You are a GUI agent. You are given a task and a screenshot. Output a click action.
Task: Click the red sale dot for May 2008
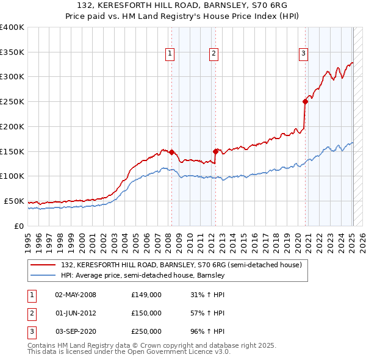(x=171, y=152)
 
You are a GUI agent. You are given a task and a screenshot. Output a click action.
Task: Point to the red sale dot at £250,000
(x=305, y=102)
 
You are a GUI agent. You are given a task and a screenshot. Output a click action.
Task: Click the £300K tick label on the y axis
(x=12, y=77)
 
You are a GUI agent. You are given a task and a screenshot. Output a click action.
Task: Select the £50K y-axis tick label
(x=14, y=201)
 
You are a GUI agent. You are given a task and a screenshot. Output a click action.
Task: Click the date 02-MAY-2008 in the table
(x=76, y=295)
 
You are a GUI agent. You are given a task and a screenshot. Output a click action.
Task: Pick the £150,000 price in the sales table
(x=146, y=313)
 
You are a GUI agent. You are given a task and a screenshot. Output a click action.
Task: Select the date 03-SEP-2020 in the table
(x=76, y=331)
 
